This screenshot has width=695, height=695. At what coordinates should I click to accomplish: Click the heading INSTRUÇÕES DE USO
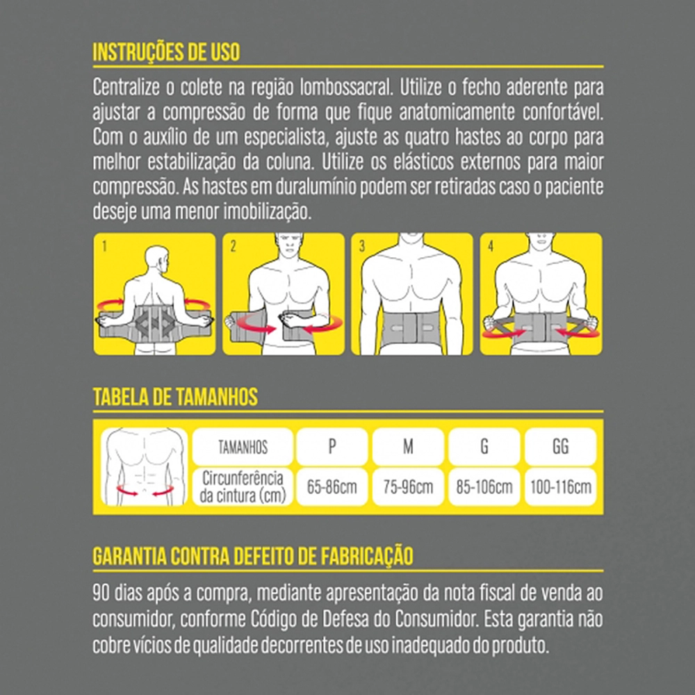[x=166, y=52]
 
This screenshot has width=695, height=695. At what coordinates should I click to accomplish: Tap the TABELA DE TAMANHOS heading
[x=175, y=397]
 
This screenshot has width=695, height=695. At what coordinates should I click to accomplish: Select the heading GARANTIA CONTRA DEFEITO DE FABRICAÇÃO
[x=253, y=556]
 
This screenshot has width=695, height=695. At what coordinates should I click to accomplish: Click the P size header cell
[x=332, y=446]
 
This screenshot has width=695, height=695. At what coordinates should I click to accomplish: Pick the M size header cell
[x=408, y=446]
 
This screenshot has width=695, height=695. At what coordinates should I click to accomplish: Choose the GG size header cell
[x=561, y=446]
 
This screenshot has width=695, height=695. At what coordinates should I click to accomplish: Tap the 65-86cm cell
[x=332, y=486]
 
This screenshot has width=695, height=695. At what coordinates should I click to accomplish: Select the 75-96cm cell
[x=408, y=486]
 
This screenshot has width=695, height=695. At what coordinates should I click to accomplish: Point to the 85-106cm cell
[x=484, y=486]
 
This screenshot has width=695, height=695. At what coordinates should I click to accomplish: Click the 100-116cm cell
[x=561, y=486]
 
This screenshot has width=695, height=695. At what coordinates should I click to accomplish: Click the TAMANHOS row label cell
[x=243, y=446]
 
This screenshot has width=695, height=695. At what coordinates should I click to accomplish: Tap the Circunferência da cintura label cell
[x=243, y=486]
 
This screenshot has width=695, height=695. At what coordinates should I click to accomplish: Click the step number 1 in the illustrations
[x=104, y=246]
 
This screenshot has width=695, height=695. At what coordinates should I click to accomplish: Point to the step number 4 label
[x=491, y=246]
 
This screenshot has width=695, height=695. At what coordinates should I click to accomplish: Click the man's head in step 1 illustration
[x=157, y=259]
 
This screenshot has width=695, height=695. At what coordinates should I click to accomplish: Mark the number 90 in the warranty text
[x=101, y=593]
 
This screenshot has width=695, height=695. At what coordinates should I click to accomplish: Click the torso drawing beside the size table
[x=145, y=467]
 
